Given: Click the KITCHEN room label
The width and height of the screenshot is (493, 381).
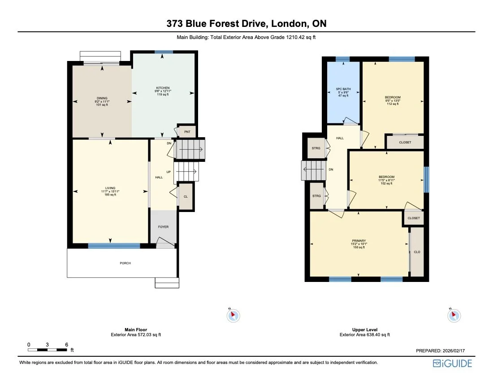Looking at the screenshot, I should pyautogui.click(x=163, y=88).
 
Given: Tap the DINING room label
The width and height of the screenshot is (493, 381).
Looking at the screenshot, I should pyautogui.click(x=102, y=98).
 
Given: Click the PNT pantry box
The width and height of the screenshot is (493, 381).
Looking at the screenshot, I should pyautogui.click(x=187, y=132).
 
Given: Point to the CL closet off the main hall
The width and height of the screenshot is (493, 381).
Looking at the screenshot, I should pyautogui.click(x=186, y=197).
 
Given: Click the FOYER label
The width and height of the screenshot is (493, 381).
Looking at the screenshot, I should pyautogui.click(x=163, y=227).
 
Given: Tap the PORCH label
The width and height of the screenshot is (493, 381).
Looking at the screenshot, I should pyautogui.click(x=125, y=263).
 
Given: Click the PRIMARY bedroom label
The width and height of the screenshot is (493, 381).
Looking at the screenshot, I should pyautogui.click(x=358, y=241).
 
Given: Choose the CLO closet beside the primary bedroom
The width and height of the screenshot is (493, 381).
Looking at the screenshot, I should pyautogui.click(x=417, y=252).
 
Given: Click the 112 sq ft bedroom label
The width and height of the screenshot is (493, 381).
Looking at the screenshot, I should pyautogui.click(x=393, y=97).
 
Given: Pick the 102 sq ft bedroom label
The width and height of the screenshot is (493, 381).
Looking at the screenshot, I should pyautogui.click(x=386, y=177).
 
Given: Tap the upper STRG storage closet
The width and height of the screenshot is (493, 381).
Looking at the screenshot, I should pyautogui.click(x=316, y=148).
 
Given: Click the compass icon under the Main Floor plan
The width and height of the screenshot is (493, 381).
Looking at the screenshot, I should pyautogui.click(x=233, y=316).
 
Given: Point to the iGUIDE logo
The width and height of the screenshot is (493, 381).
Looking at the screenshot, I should pyautogui.click(x=452, y=363).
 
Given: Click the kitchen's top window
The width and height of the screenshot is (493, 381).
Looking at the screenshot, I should pyautogui.click(x=164, y=52).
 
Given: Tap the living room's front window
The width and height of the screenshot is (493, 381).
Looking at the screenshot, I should pyautogui.click(x=114, y=246).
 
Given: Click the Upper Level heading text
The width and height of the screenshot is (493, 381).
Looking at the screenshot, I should pyautogui.click(x=364, y=329).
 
